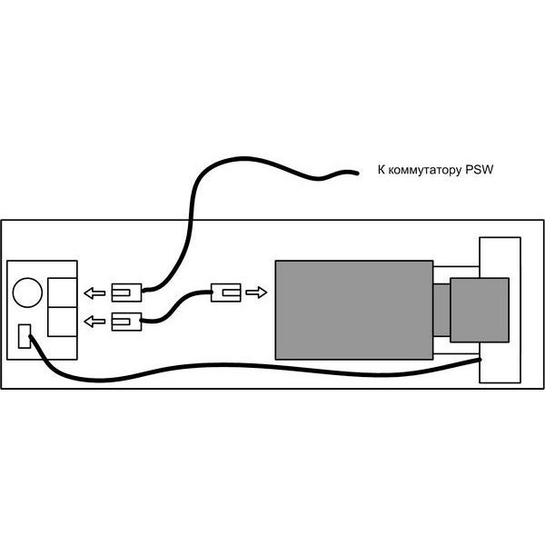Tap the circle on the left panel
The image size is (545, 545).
coord(27,292)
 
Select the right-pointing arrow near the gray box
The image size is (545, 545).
coord(256,292)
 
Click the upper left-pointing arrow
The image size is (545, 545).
coord(94,293)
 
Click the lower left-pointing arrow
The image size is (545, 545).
coord(94,322)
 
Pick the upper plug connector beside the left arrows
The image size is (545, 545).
coord(126,292)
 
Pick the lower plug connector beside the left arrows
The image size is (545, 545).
coord(126,322)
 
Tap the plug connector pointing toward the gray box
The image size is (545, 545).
coord(226,292)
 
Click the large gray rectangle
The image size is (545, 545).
coord(354,310)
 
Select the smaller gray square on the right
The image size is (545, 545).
coord(480,310)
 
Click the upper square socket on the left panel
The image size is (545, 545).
coord(62,292)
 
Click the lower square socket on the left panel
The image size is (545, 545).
coord(62,322)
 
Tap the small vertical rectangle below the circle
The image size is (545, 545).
coord(25,336)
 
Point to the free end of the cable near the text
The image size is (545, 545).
coord(357,173)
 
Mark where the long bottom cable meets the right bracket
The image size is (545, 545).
coord(480,360)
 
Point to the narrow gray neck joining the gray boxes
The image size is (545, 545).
coord(441,310)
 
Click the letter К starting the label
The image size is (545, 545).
coord(381,170)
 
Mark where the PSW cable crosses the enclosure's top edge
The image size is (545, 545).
coord(191,220)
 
